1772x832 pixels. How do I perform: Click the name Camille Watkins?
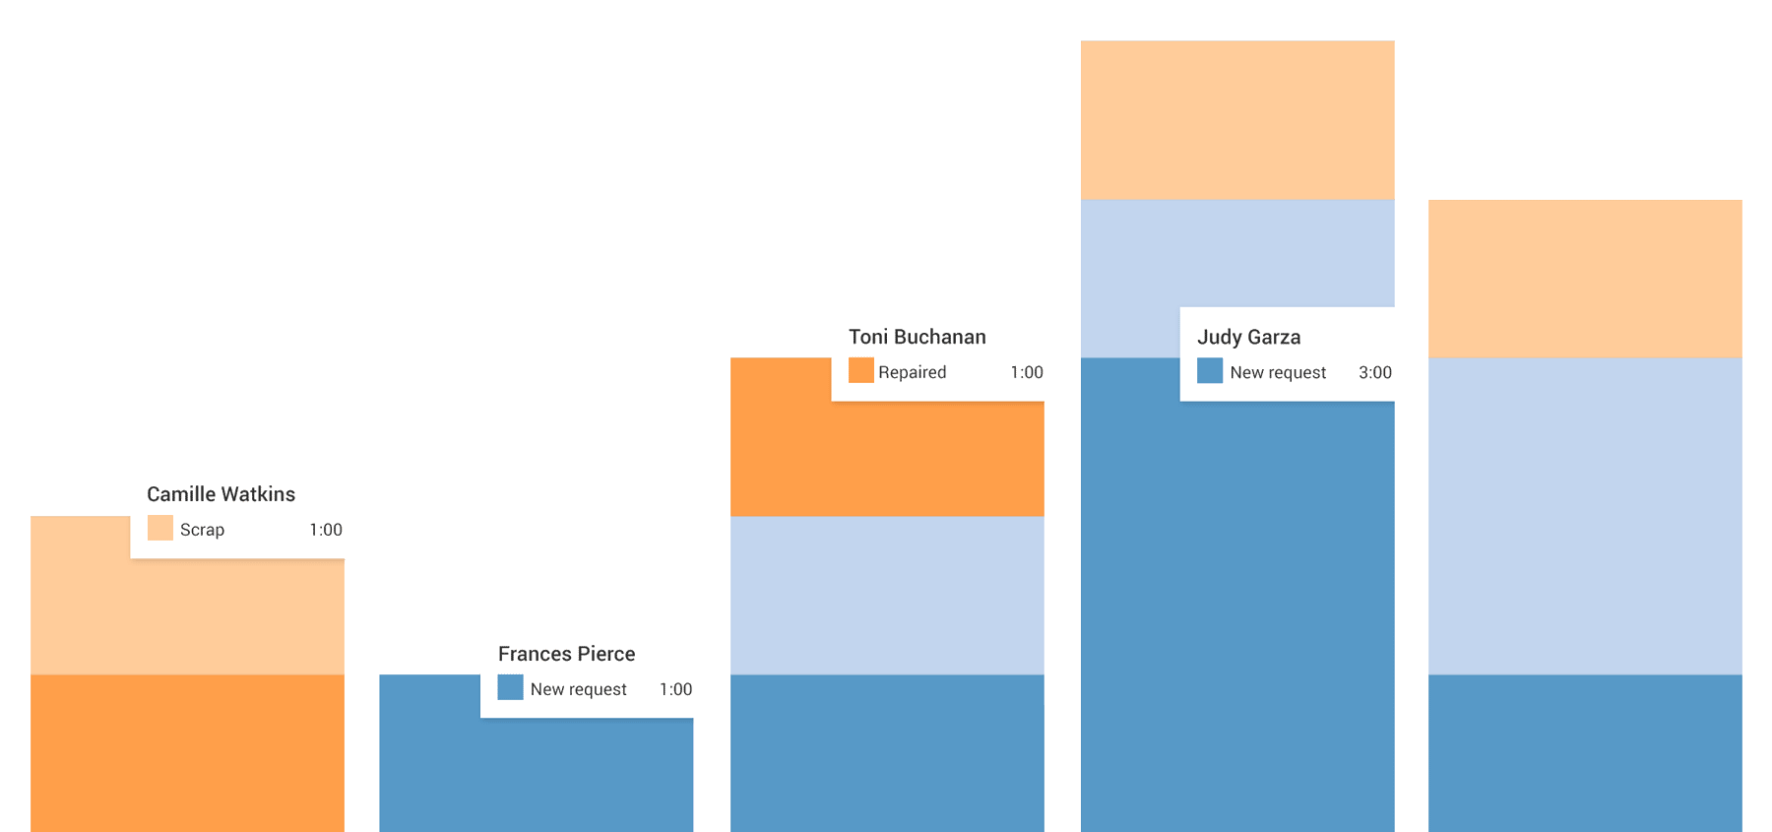(221, 494)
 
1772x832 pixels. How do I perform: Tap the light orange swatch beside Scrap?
(159, 529)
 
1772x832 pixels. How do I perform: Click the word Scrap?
(202, 530)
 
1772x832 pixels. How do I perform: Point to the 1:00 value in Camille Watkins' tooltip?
(326, 530)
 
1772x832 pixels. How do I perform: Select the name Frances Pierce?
(566, 654)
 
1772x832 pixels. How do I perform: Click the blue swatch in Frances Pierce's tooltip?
(510, 687)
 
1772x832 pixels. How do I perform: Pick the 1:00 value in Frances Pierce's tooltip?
(676, 689)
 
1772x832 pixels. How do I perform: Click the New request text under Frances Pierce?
(578, 689)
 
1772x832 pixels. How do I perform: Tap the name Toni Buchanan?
(917, 337)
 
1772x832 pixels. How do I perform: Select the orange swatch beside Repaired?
(860, 371)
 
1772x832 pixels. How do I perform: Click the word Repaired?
(912, 372)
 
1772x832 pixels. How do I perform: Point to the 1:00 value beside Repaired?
(1027, 372)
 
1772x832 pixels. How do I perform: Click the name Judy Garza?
(1248, 337)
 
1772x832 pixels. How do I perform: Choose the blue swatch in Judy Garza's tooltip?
(1210, 371)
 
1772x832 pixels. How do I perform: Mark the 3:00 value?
(1375, 372)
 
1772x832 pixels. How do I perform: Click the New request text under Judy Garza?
(1278, 372)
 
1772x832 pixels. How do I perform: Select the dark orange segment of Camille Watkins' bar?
(187, 752)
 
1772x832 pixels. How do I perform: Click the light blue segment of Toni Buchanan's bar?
(887, 595)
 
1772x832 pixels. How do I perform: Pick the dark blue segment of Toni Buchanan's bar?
(887, 752)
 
